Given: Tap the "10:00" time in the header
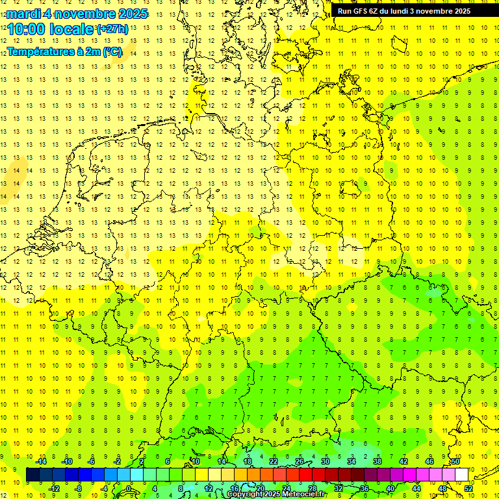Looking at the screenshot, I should point(27,29).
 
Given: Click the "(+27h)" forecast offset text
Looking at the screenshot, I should point(112,29).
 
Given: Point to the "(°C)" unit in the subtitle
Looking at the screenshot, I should point(110,51).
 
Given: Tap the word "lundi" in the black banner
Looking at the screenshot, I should point(408,11).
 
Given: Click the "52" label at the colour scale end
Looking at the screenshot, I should point(468,488).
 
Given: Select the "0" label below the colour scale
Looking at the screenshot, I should point(129,488).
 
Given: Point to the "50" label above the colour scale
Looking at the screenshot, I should point(455,461).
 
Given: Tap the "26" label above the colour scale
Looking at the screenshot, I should point(300,461).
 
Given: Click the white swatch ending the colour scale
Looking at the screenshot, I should point(462,474).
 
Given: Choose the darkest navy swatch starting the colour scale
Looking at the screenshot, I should point(32,474).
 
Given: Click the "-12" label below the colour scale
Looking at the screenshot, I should point(54,488).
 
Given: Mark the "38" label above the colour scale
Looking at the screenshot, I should point(377,461).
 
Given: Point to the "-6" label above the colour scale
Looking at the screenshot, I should point(92,461).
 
